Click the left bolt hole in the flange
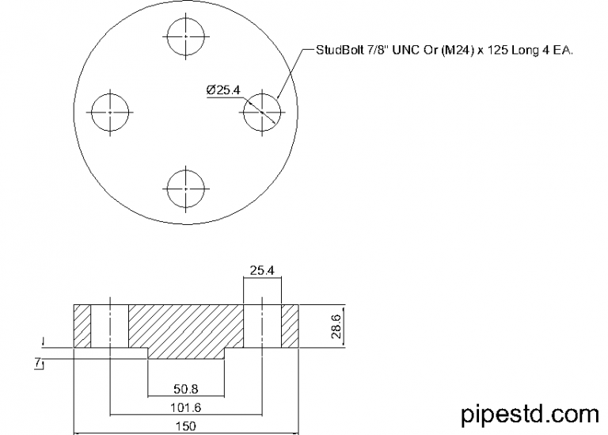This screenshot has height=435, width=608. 110,113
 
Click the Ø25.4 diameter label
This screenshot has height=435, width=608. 222,90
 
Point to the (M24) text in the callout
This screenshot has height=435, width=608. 453,50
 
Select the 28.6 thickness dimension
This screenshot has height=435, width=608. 337,326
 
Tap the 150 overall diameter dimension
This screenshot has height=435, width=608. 186,426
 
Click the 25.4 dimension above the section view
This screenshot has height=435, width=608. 262,271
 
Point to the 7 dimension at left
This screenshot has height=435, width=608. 37,361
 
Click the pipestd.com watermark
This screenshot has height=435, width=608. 530,413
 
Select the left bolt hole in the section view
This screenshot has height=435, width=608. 110,326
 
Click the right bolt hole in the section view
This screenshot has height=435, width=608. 262,326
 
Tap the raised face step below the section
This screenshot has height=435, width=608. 186,353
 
